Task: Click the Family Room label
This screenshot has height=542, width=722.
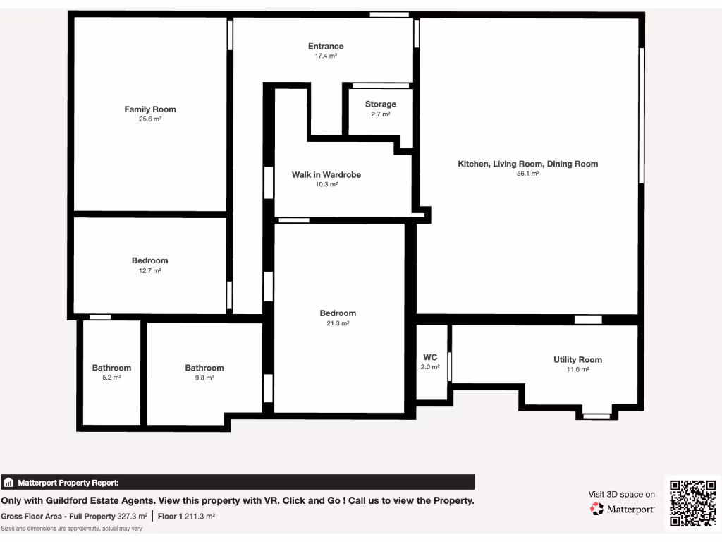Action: (x=150, y=109)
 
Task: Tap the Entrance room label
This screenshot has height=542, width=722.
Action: (x=326, y=47)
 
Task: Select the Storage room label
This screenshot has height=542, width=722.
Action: (x=381, y=104)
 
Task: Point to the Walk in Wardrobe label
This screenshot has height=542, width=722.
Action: (x=326, y=174)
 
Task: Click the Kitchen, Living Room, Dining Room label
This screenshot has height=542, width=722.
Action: (x=528, y=164)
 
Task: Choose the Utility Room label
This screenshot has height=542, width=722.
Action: (x=577, y=360)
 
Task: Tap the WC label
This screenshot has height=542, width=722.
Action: (x=430, y=357)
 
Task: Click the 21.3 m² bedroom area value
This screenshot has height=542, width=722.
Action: (x=338, y=323)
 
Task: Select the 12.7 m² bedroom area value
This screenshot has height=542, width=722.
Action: (x=149, y=271)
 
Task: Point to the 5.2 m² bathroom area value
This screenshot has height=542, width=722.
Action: (x=111, y=378)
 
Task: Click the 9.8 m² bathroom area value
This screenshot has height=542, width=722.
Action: (x=204, y=378)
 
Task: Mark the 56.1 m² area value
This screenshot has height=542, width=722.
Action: (x=528, y=174)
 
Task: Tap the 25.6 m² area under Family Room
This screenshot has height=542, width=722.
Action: (x=150, y=119)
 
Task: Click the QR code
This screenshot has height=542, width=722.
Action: (x=692, y=503)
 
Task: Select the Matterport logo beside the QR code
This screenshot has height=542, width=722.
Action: (x=623, y=509)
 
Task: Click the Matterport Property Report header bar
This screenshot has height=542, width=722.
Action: (x=238, y=483)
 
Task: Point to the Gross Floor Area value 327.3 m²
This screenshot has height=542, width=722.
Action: (x=133, y=517)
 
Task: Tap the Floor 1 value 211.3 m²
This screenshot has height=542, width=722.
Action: (x=200, y=517)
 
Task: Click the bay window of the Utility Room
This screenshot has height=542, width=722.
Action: (x=596, y=416)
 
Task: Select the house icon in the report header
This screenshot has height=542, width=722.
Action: (x=9, y=483)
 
